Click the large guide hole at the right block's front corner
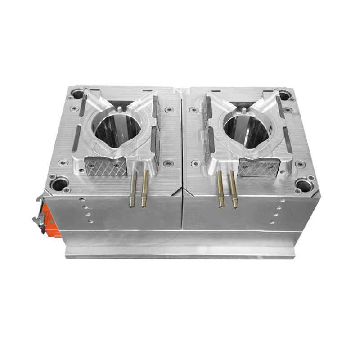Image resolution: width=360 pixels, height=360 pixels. tap(304, 184)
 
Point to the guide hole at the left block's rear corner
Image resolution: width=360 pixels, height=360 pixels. tap(78, 94)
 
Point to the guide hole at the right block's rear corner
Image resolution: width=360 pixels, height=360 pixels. tap(284, 95)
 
